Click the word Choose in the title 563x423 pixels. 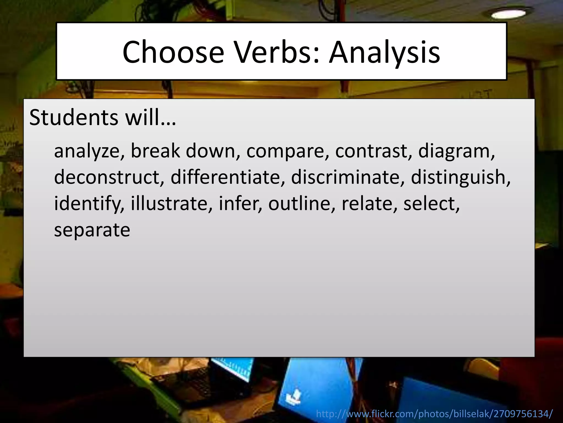point(173,52)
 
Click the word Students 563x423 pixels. point(74,118)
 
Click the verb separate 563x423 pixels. point(92,230)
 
